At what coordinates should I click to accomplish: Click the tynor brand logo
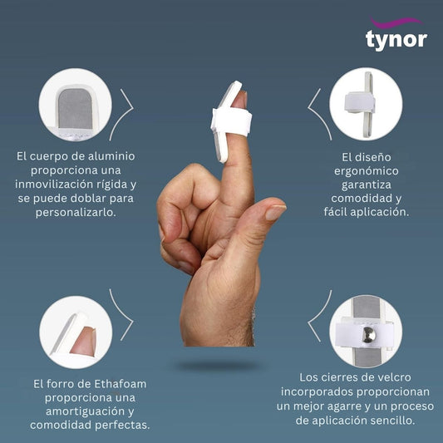point(396,34)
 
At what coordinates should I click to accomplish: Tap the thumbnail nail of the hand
point(276,212)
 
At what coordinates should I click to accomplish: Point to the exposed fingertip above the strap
point(239,100)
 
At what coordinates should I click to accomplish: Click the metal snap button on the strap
point(369,335)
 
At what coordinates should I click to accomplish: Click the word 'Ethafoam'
point(120,384)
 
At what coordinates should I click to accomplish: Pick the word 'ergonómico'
point(367,171)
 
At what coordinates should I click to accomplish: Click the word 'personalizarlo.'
point(76,213)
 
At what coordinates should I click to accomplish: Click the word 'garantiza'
point(367,185)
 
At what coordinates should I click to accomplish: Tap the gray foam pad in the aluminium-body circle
point(76,108)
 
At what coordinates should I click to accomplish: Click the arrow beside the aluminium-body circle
point(121,114)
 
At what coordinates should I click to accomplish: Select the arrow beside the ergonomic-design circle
point(319,114)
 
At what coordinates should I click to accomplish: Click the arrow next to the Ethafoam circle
point(121,314)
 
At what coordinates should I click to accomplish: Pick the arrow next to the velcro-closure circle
point(319,316)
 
